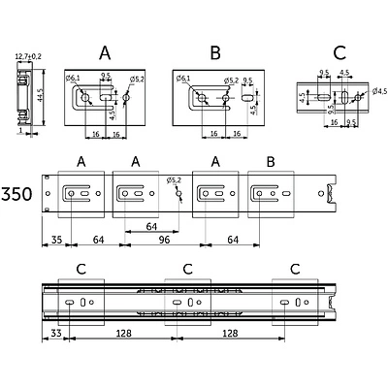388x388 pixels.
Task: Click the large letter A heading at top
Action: pos(105,52)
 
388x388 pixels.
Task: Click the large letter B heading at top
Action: pos(215,52)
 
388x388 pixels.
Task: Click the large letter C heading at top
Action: pos(339,52)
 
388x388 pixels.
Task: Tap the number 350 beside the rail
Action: pos(16,194)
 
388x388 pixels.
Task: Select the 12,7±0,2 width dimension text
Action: pos(28,57)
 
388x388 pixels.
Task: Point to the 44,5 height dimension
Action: pos(39,96)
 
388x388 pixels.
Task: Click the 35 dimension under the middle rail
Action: pos(56,240)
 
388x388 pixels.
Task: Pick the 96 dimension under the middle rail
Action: pos(164,240)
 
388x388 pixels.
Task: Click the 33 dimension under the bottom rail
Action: pos(56,333)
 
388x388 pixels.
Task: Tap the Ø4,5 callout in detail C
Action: pos(379,91)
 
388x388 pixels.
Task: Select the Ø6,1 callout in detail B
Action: pos(183,79)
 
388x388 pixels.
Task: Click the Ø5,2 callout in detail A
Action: pos(137,79)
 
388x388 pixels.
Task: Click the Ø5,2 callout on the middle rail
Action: pos(174,180)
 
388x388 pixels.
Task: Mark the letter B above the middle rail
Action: pos(271,162)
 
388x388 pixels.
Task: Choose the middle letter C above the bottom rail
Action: pos(188,269)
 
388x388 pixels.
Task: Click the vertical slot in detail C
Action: pos(345,97)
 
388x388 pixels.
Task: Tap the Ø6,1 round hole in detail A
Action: pos(85,97)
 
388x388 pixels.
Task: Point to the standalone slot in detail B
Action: pos(247,97)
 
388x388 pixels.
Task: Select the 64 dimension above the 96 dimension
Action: pos(151,227)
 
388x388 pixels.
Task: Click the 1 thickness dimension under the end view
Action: pos(21,130)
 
